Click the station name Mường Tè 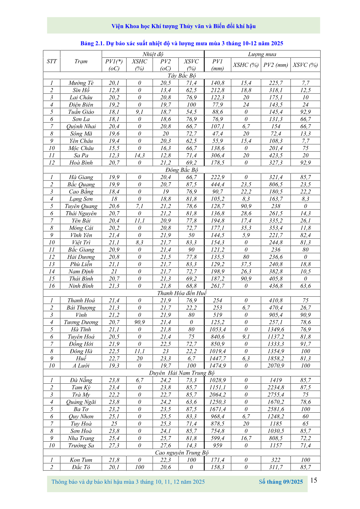(x=81, y=83)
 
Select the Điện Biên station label (x=81, y=105)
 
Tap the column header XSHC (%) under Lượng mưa (x=246, y=65)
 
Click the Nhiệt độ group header (x=153, y=54)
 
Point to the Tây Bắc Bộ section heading (x=182, y=76)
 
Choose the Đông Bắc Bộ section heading (x=182, y=170)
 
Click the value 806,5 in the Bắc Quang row (x=276, y=185)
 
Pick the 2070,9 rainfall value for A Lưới (x=276, y=366)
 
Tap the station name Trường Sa (x=81, y=445)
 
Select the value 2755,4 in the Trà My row (x=276, y=395)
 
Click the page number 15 (x=314, y=480)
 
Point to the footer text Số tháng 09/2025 (x=281, y=482)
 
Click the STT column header (x=52, y=61)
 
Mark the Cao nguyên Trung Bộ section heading (x=182, y=453)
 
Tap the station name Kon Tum (x=81, y=460)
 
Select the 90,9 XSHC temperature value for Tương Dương (x=140, y=322)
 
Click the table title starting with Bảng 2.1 (x=182, y=44)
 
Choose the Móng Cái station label (x=81, y=228)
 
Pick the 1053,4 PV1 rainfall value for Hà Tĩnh (x=217, y=329)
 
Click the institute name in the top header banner (x=183, y=26)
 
